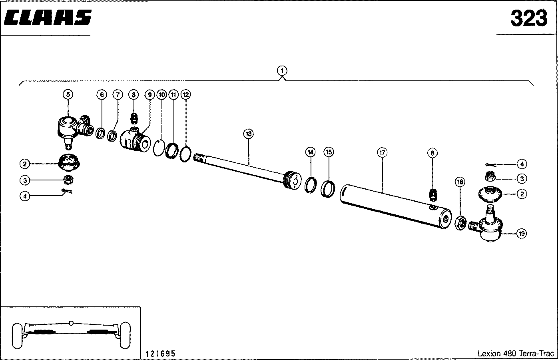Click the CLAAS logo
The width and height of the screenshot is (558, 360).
pyautogui.click(x=48, y=18)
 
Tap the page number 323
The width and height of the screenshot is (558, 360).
pyautogui.click(x=529, y=18)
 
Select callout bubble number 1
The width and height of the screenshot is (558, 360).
pyautogui.click(x=282, y=71)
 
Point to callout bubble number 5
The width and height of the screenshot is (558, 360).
pyautogui.click(x=68, y=94)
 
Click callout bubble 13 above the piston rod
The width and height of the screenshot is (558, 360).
pyautogui.click(x=248, y=134)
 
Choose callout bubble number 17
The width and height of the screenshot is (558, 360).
pyautogui.click(x=382, y=152)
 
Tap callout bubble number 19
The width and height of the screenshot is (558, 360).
pyautogui.click(x=522, y=234)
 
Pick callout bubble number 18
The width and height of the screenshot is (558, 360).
pyautogui.click(x=460, y=182)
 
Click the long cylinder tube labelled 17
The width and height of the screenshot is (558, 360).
pyautogui.click(x=396, y=207)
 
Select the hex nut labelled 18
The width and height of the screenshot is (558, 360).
pyautogui.click(x=460, y=223)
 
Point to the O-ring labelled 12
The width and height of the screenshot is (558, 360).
pyautogui.click(x=185, y=154)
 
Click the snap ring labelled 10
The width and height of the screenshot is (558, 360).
pyautogui.click(x=159, y=148)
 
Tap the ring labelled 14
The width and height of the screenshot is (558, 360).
pyautogui.click(x=311, y=185)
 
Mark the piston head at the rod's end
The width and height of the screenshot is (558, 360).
pyautogui.click(x=293, y=181)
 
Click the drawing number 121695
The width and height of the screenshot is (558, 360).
pyautogui.click(x=160, y=354)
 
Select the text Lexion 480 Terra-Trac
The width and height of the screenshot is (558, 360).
pyautogui.click(x=516, y=353)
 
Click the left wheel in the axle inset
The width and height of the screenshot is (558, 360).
pyautogui.click(x=17, y=336)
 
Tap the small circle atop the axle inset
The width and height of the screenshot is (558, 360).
pyautogui.click(x=71, y=323)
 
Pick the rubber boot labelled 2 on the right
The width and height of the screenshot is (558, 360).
pyautogui.click(x=490, y=194)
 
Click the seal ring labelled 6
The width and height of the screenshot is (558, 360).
pyautogui.click(x=100, y=133)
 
